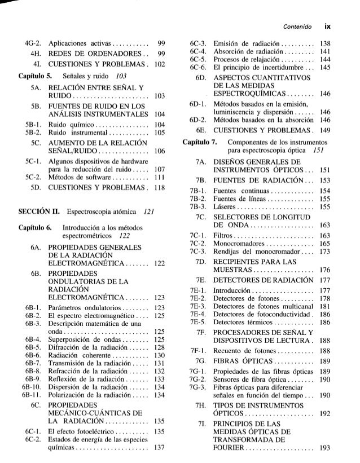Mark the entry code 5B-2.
(32, 127)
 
